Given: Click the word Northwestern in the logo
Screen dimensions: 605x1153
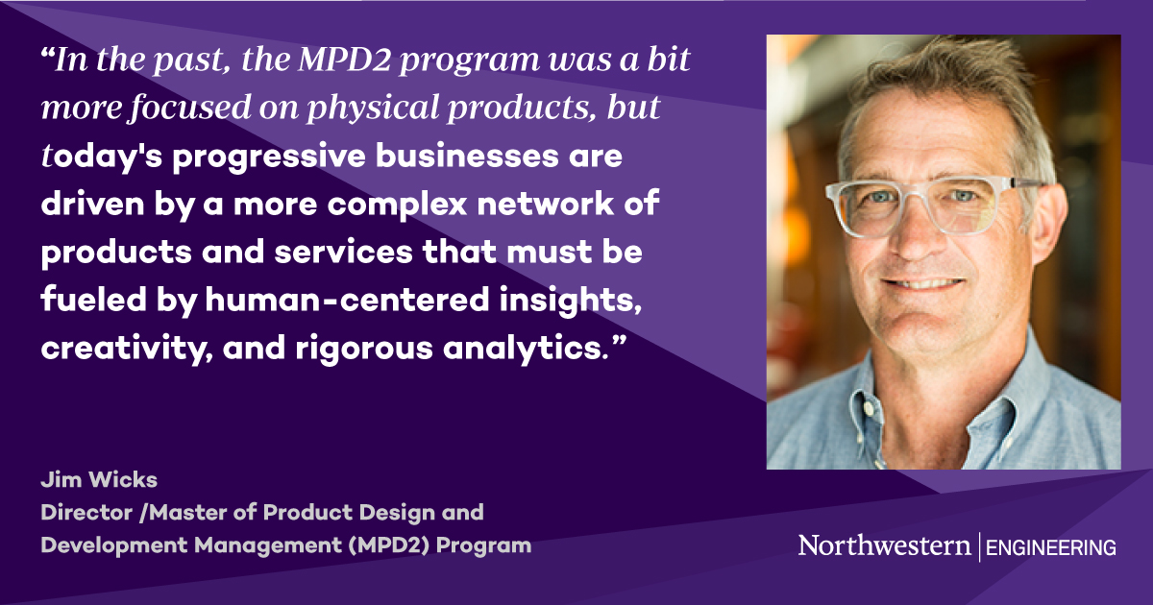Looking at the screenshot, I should click(x=884, y=546).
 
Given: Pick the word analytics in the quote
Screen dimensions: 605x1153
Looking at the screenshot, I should click(x=524, y=348).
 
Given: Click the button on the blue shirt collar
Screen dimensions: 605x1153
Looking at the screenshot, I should click(x=869, y=409).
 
